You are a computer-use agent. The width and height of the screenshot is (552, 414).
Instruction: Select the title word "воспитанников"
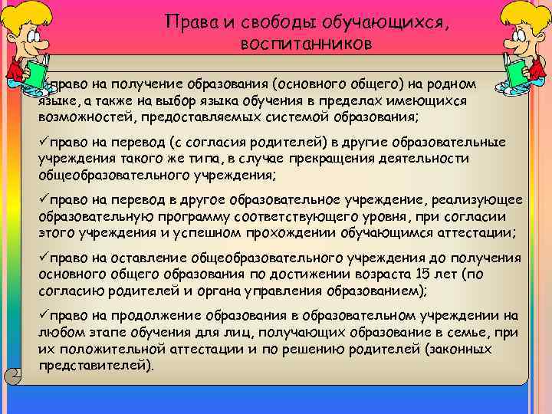point(305,44)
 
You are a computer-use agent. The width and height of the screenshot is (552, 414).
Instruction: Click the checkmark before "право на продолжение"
point(44,315)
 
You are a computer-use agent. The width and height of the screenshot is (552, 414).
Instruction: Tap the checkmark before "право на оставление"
point(44,258)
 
